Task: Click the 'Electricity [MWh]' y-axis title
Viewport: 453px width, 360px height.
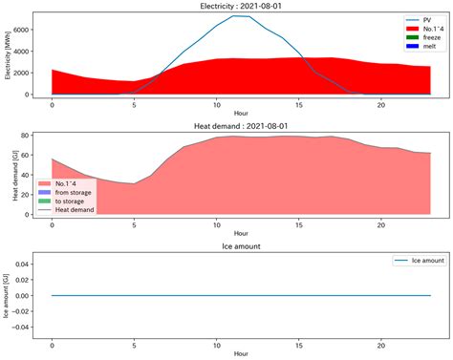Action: (8, 54)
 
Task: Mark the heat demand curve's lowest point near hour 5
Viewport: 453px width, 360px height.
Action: (135, 183)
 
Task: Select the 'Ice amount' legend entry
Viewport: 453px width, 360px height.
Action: (417, 260)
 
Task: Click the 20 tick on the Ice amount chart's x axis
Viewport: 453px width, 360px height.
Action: (381, 345)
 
